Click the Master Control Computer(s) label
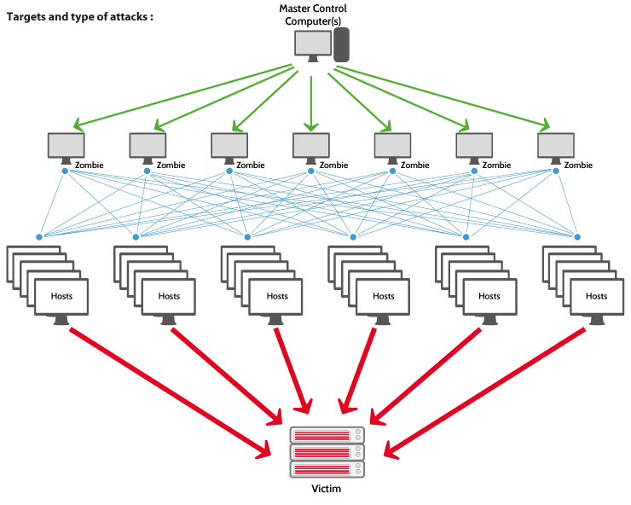(x=315, y=14)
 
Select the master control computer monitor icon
(x=312, y=44)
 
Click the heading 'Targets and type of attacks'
(x=80, y=15)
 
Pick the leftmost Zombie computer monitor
(x=66, y=146)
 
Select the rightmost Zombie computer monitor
(x=556, y=146)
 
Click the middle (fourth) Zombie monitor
(x=310, y=146)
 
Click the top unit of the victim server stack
(x=327, y=435)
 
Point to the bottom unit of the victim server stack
(x=327, y=469)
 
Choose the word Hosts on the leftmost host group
(x=62, y=296)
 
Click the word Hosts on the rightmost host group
(x=596, y=296)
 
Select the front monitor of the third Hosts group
(x=277, y=298)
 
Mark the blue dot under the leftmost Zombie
(x=66, y=171)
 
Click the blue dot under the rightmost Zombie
(x=557, y=171)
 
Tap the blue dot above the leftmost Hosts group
(x=38, y=236)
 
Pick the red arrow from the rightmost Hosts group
(x=486, y=389)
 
